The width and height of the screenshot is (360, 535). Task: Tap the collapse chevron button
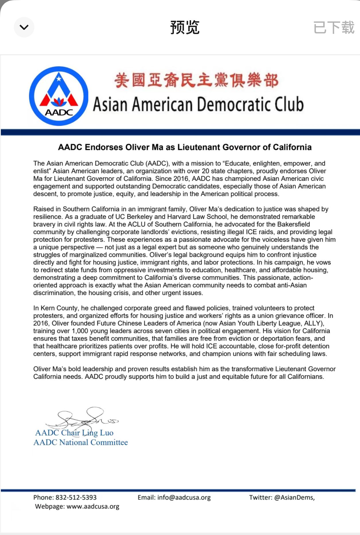[24, 27]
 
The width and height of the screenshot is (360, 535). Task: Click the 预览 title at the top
[185, 28]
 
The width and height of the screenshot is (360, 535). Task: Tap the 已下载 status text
[334, 28]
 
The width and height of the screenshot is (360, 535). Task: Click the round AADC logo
[59, 96]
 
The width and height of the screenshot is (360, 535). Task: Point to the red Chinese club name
[196, 80]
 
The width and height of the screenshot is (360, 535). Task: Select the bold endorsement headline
[185, 147]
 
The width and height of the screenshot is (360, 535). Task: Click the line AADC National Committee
[81, 442]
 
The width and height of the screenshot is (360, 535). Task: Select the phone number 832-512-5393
[76, 497]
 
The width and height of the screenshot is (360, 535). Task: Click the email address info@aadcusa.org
[184, 497]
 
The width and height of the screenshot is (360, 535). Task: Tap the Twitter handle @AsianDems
[294, 497]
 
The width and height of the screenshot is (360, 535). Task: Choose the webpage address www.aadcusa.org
[93, 507]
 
